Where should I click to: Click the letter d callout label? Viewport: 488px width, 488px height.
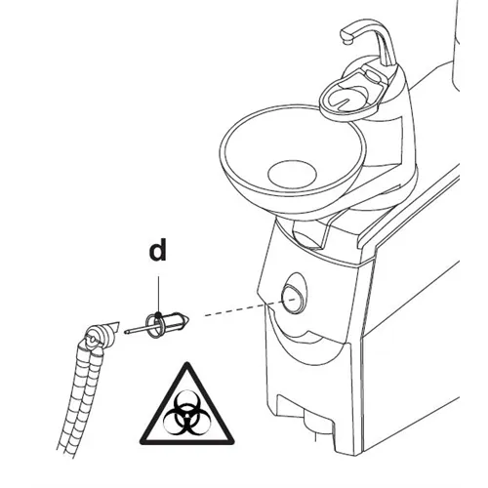point(158,250)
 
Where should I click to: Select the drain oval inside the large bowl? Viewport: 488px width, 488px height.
point(292,174)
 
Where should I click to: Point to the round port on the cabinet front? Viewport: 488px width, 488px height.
point(293,298)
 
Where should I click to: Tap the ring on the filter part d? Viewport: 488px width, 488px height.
point(154,325)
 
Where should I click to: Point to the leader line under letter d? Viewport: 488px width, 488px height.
point(158,295)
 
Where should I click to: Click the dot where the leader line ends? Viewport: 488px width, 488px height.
point(158,314)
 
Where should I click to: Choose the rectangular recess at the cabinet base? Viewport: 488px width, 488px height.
point(305,411)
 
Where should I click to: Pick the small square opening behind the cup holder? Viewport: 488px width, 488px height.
point(373,75)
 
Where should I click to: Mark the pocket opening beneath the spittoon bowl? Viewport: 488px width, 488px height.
point(309,233)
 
